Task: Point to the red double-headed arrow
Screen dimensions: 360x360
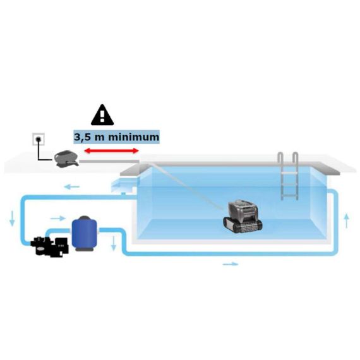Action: pos(112,151)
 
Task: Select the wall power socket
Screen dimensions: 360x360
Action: pos(39,139)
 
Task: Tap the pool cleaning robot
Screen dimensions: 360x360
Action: pos(243,216)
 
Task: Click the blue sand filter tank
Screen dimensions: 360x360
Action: pos(84,233)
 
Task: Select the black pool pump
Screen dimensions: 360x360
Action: pos(50,246)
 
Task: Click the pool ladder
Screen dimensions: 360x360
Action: pos(288,176)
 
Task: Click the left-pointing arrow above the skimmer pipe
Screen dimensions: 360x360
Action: pos(72,187)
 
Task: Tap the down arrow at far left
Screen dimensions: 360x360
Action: pos(12,219)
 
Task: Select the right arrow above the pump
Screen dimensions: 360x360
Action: pos(58,218)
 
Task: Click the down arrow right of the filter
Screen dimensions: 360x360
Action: pos(114,243)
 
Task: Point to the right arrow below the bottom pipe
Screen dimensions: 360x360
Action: pos(231,264)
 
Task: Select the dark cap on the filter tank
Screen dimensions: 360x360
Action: pos(84,218)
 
